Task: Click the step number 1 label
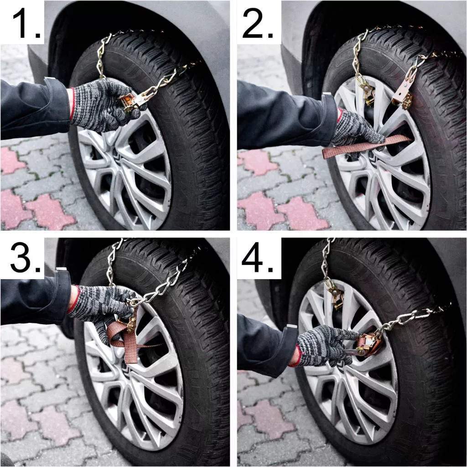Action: tap(26, 23)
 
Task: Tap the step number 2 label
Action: tap(258, 23)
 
